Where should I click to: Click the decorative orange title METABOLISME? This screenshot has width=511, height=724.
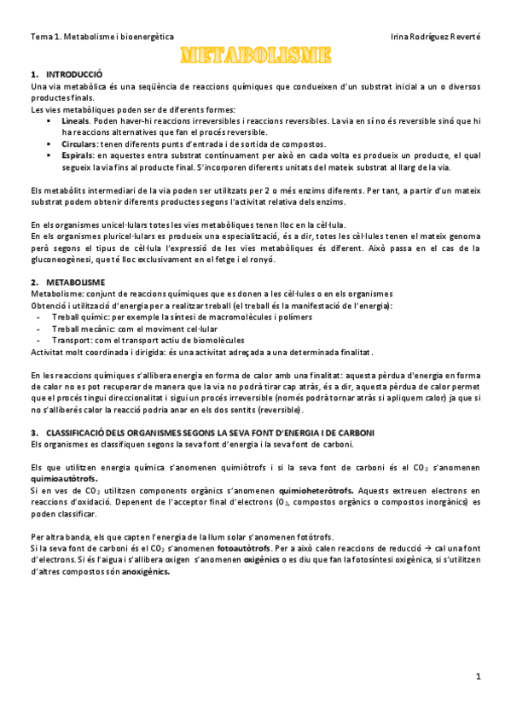tap(255, 55)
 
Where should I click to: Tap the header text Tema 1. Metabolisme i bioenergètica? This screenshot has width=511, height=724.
tap(102, 38)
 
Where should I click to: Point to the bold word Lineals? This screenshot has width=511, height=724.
tap(76, 121)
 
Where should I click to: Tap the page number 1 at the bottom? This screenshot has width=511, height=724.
tap(479, 676)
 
